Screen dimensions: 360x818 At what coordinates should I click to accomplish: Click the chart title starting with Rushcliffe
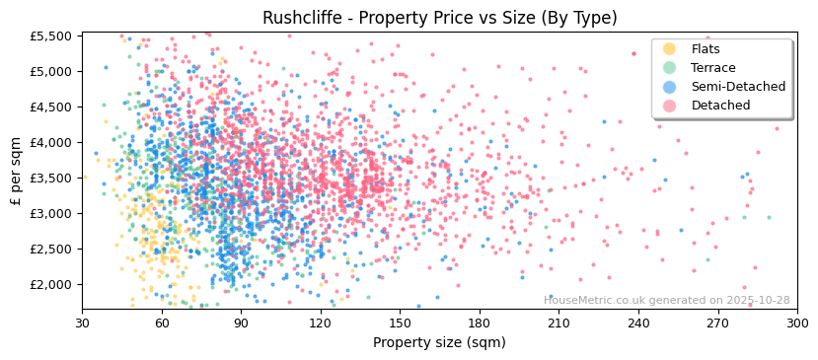point(439,18)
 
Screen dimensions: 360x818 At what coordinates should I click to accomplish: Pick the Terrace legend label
point(713,68)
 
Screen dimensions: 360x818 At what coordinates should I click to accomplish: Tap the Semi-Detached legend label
point(738,87)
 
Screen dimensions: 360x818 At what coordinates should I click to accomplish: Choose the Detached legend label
point(719,106)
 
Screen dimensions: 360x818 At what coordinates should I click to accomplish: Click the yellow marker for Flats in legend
point(670,49)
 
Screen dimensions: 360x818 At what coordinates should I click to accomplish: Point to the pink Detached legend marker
point(670,106)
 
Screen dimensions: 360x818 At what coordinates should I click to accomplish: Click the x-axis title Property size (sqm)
point(439,343)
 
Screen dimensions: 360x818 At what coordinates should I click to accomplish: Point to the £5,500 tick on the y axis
point(51,36)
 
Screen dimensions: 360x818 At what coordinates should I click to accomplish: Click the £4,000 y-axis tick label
point(51,142)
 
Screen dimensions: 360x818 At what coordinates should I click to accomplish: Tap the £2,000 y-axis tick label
point(51,284)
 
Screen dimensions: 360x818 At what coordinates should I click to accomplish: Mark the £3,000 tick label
point(51,213)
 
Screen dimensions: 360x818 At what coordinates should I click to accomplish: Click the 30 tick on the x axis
point(82,323)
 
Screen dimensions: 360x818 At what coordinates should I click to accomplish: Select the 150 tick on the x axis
point(400,323)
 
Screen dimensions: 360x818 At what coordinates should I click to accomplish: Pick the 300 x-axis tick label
point(796,323)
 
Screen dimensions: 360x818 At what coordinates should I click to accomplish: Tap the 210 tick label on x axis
point(558,323)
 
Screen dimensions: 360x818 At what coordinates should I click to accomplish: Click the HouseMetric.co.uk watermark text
point(667,300)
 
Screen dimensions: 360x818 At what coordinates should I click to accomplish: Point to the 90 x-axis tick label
point(241,323)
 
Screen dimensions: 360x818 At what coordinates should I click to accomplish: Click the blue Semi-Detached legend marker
point(670,87)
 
